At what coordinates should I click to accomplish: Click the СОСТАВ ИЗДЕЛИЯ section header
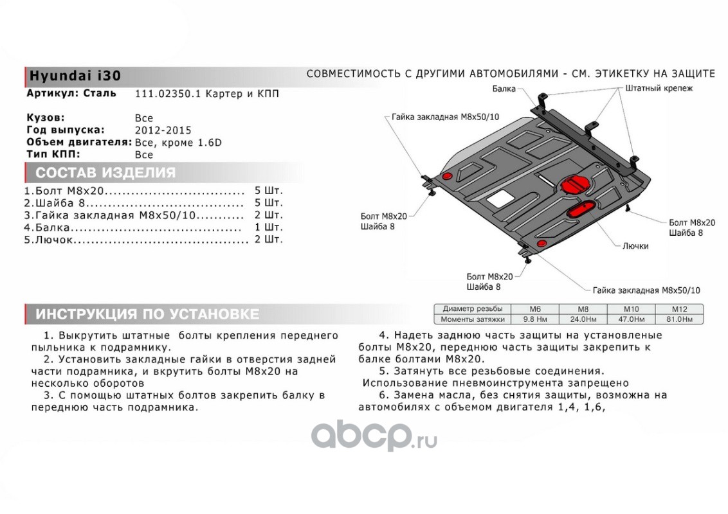click(105, 173)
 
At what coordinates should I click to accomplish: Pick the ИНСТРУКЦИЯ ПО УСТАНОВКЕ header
click(147, 314)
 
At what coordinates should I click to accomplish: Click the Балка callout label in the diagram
click(504, 89)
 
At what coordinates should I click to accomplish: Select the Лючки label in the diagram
click(635, 246)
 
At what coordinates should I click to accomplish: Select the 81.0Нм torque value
click(679, 319)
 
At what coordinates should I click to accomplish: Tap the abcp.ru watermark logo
click(374, 437)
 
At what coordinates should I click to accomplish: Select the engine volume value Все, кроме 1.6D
click(178, 143)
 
